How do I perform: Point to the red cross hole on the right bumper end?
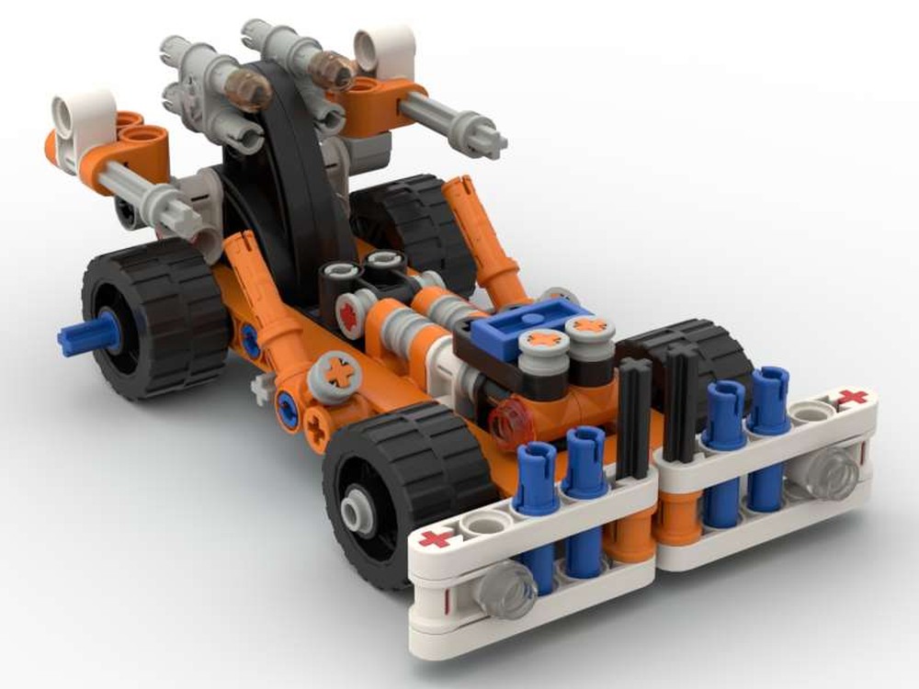(x=852, y=398)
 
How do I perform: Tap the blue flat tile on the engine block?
(x=517, y=321)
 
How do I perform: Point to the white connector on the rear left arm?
(x=84, y=119)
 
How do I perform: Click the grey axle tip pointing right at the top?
(x=487, y=138)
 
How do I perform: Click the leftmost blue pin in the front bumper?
(x=538, y=514)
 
